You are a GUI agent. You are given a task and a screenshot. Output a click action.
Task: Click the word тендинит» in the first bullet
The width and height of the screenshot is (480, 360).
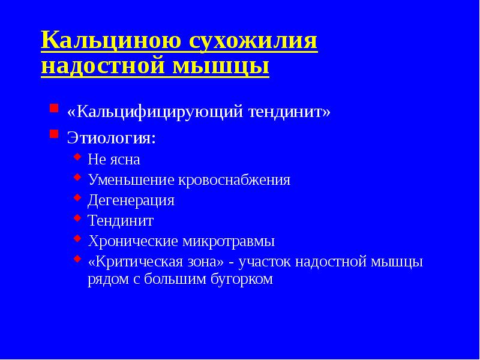pyautogui.click(x=291, y=112)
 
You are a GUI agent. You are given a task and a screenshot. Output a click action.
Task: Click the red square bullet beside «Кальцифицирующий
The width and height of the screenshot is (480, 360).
pyautogui.click(x=54, y=109)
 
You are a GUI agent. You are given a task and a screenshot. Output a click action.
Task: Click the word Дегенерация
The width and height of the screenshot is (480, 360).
pyautogui.click(x=131, y=200)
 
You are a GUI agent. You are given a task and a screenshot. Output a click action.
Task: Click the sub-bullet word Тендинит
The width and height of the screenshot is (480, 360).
pyautogui.click(x=121, y=221)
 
